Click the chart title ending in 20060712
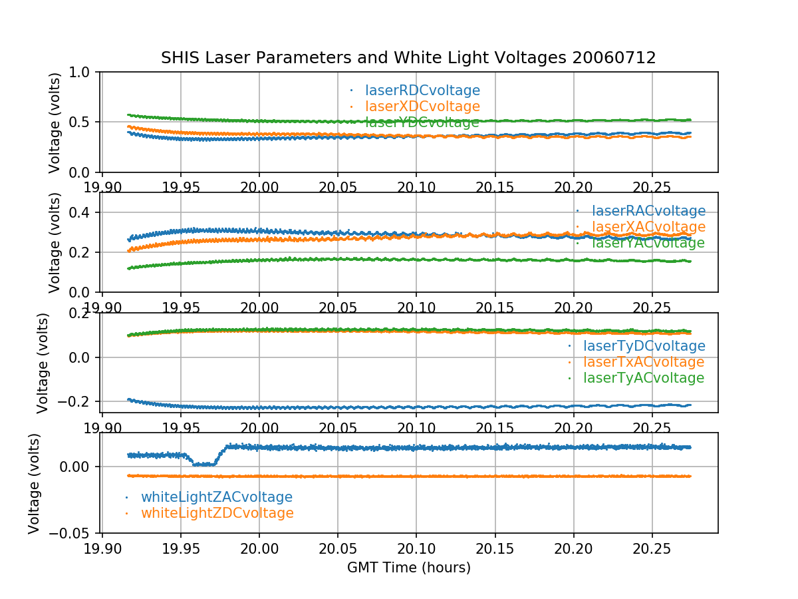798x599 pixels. (x=408, y=58)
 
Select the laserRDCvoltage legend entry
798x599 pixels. (x=422, y=91)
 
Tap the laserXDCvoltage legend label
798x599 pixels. (x=422, y=106)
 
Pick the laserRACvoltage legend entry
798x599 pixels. (x=648, y=211)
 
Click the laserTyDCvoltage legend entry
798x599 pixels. (x=644, y=346)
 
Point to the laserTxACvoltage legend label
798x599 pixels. (x=643, y=362)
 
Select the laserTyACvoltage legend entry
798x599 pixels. (x=643, y=378)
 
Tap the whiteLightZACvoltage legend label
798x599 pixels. (x=217, y=497)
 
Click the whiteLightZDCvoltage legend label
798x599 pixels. (x=217, y=513)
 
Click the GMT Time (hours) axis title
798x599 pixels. (x=408, y=568)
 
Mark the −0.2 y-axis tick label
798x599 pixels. (x=75, y=401)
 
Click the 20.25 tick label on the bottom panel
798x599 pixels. (x=652, y=548)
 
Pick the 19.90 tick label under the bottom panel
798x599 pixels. (x=102, y=548)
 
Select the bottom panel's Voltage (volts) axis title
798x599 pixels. (x=35, y=483)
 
